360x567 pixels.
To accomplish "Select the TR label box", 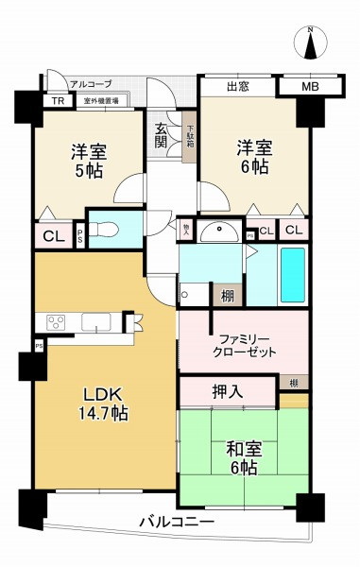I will tap(57, 99).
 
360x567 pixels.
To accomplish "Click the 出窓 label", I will tap(238, 88).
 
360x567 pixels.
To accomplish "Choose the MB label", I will tap(309, 88).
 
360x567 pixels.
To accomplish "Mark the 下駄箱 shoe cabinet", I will tap(190, 138).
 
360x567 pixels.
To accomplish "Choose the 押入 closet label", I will tap(225, 388).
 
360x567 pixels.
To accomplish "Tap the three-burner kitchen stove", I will tap(55, 323).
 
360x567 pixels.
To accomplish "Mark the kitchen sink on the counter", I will tap(96, 323).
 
